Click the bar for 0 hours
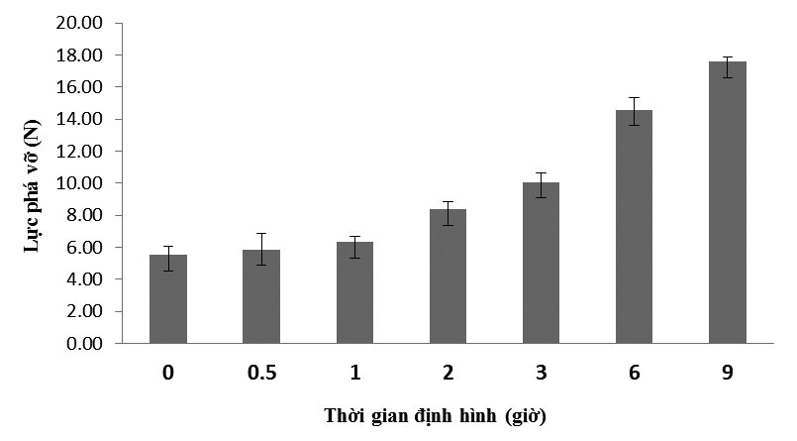pos(168,299)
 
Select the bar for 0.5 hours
pos(261,297)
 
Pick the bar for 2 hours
pos(448,276)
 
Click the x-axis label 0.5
pos(261,373)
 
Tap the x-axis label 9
pos(727,373)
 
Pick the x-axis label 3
pos(541,373)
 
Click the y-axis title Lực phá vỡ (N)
pos(31,183)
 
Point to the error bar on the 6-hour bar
pos(634,110)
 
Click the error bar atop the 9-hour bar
pos(727,66)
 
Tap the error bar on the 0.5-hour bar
pos(261,249)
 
